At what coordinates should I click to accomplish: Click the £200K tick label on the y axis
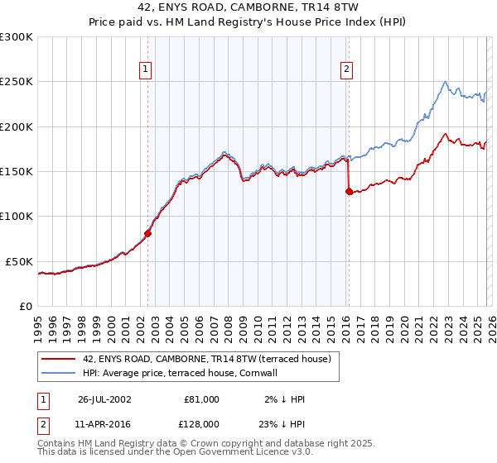[x=17, y=127]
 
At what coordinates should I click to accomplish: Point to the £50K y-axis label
[x=19, y=261]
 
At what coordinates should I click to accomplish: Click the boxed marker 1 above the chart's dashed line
[x=146, y=70]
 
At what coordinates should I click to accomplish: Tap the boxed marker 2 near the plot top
[x=345, y=70]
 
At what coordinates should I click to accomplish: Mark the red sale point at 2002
[x=148, y=233]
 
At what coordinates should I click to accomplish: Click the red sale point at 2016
[x=349, y=191]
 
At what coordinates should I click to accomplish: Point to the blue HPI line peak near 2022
[x=446, y=82]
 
